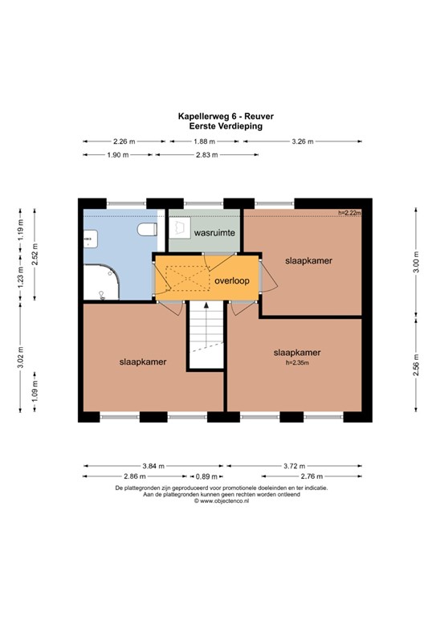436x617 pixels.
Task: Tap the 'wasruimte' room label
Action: pos(213,232)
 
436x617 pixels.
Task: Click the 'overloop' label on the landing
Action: pos(232,280)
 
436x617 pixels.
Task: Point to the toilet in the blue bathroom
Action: pos(147,231)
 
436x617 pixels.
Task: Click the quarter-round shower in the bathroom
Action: pos(101,280)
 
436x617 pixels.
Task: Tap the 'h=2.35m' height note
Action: pos(297,362)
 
